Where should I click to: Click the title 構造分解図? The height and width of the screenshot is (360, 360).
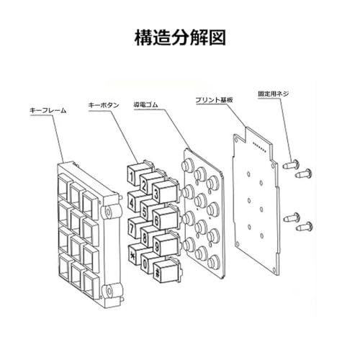180,37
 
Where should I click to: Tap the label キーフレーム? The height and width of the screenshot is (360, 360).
48,111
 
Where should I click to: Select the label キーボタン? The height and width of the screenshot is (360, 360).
104,105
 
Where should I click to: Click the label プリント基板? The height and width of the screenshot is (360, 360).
214,100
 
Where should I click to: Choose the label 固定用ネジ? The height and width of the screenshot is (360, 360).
274,94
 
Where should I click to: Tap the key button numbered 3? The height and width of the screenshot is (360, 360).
166,191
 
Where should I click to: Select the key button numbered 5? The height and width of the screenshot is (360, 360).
150,209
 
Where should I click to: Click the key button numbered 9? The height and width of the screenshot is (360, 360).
166,243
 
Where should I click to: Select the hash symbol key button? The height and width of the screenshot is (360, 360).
166,270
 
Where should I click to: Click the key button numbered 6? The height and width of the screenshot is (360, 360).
166,217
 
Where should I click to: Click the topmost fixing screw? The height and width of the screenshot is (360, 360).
291,165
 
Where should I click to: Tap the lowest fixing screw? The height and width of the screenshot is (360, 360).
304,227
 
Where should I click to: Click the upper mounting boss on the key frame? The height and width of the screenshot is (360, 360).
109,212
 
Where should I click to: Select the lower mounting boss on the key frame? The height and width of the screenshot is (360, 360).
109,291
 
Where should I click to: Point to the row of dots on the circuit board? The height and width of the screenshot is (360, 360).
260,147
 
